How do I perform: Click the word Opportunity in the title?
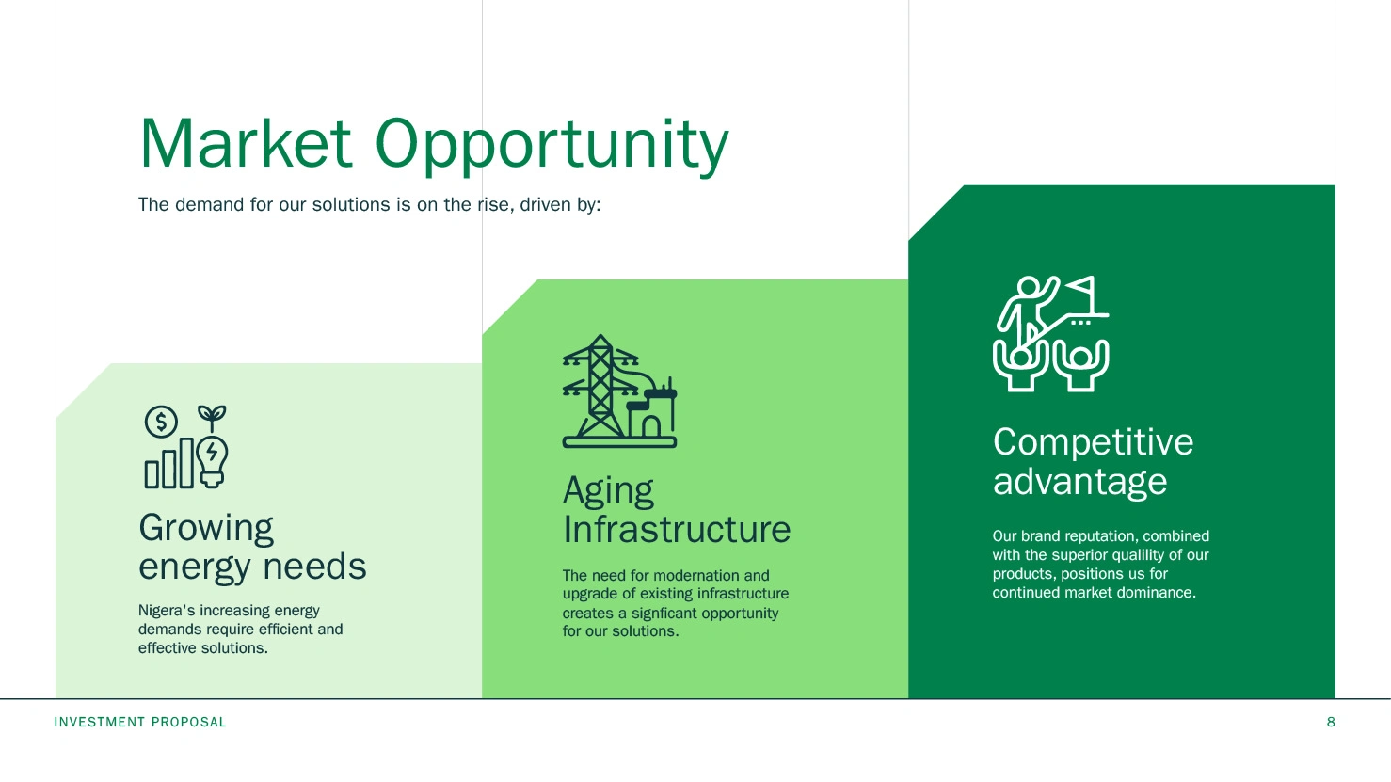pos(552,147)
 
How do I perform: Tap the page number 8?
pos(1331,722)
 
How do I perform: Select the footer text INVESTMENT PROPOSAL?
pos(140,722)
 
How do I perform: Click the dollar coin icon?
pos(162,422)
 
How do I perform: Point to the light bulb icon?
pos(212,461)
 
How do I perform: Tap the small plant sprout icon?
pos(212,418)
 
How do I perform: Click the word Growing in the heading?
pos(205,529)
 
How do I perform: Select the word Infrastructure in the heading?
pos(677,529)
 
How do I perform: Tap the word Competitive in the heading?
pos(1093,443)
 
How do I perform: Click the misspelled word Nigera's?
pos(166,611)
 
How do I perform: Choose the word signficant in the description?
pos(671,614)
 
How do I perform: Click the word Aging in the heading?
pos(608,491)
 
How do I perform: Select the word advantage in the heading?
pos(1079,483)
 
